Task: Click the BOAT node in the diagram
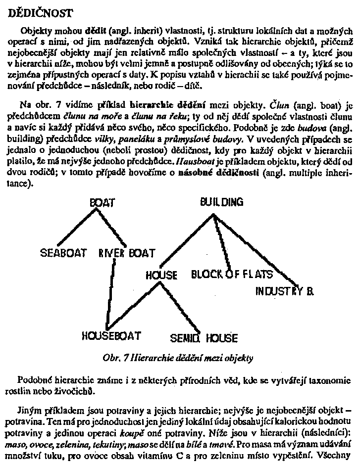(102, 203)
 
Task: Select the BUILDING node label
(221, 202)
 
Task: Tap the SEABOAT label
(63, 253)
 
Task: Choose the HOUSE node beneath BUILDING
(161, 275)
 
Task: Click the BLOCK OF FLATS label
(232, 274)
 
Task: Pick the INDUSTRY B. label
(284, 291)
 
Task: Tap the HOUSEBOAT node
(111, 335)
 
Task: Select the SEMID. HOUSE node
(204, 338)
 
